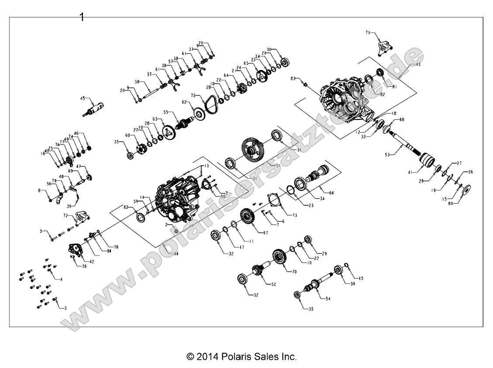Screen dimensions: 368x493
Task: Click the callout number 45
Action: [x=83, y=99]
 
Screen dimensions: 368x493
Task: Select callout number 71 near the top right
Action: [x=368, y=33]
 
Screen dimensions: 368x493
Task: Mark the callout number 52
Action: [x=274, y=284]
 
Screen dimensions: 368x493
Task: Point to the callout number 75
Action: [x=192, y=95]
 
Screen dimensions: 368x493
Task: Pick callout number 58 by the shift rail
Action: [x=137, y=82]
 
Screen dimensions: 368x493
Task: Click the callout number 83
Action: [x=293, y=78]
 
